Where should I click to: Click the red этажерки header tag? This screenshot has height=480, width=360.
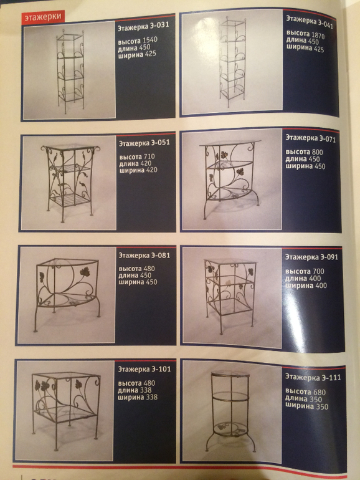coord(43,17)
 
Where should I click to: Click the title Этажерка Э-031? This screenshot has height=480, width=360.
coord(143,27)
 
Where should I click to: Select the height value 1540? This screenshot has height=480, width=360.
coord(150,41)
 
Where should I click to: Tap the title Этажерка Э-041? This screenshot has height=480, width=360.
coord(310,21)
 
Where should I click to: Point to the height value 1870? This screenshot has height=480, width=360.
coord(318,35)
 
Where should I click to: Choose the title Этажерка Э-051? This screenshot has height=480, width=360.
coord(144,143)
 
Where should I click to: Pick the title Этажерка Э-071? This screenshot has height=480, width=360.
coord(310,138)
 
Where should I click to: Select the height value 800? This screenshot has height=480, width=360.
coord(317,152)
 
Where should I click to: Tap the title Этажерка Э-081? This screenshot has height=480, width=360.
coord(144,255)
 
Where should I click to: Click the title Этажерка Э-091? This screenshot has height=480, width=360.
coord(311,257)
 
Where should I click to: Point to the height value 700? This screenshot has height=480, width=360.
coord(318,271)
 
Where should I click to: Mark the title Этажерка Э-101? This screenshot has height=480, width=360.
coord(144,369)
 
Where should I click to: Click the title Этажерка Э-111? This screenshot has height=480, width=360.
coord(313,377)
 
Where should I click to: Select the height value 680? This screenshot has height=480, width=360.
coord(320,392)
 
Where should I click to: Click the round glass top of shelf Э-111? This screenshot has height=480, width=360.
coord(230,374)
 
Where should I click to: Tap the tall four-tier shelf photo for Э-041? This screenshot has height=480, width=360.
coord(232,62)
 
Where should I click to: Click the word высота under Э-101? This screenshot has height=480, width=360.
coord(130,383)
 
